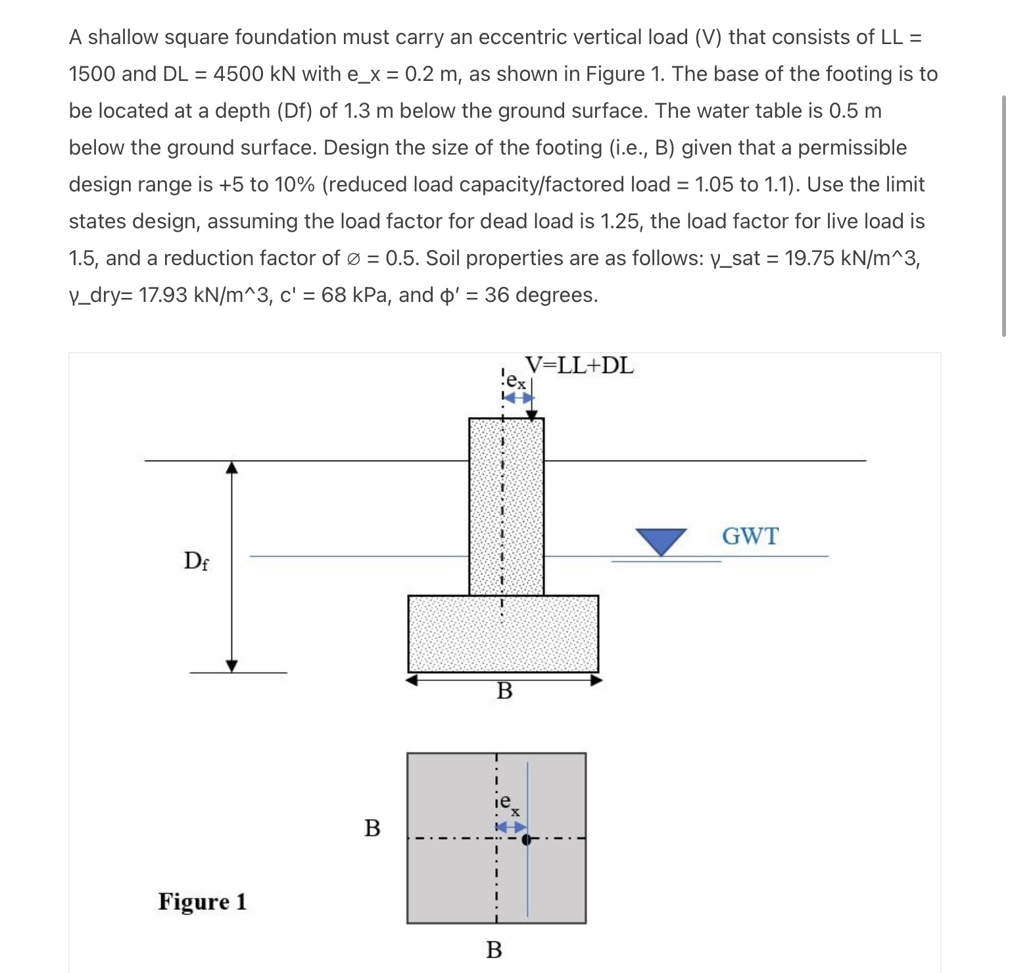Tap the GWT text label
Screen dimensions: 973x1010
(x=750, y=536)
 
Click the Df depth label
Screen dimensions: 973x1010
(x=196, y=561)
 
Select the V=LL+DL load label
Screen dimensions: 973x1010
(x=579, y=366)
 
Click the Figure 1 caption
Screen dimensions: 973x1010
(x=203, y=901)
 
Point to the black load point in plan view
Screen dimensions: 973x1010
(x=525, y=839)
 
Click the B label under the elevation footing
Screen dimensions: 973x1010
(x=504, y=691)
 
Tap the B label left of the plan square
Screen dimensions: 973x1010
(x=372, y=828)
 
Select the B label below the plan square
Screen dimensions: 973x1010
(x=494, y=950)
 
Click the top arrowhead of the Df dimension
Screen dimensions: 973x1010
(x=231, y=466)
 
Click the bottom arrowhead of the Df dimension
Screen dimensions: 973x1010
(x=231, y=666)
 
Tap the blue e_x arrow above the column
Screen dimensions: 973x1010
(x=517, y=398)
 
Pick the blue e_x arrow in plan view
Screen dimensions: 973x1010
(x=511, y=827)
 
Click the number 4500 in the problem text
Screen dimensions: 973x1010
(x=238, y=74)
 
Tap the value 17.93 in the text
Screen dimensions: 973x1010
(x=163, y=295)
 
